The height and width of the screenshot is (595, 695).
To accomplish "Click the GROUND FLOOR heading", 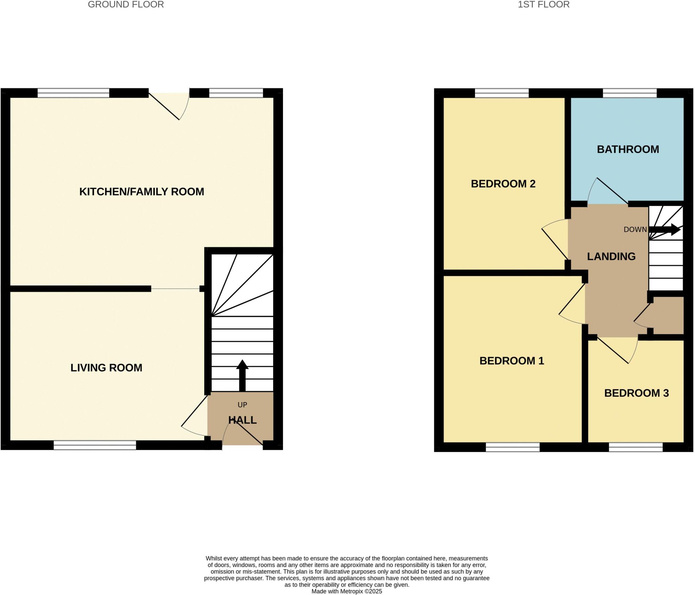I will coord(126,4).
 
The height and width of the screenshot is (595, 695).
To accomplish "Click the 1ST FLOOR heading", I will coord(543,4).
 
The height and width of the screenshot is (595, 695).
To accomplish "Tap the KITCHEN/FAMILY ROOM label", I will coord(142,191).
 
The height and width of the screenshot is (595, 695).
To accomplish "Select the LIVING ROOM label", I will coord(106,368).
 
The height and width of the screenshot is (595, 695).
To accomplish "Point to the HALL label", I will coord(242,420).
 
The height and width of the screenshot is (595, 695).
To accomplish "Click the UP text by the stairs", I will coord(242,405).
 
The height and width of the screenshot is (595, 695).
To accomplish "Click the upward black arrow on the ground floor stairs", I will coord(242,375).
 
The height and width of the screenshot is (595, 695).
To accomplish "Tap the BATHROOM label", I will coord(628,149).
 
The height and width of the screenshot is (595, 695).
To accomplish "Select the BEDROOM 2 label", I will coord(503,184).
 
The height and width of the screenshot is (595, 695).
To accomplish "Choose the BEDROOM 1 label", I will coord(511,360).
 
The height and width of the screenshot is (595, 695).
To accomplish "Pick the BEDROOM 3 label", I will coord(636,393).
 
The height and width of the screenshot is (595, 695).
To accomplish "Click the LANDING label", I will coord(611,256).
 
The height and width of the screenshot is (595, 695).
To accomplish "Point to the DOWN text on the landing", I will coord(635,229).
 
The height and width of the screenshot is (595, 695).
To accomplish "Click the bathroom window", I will coord(630,93).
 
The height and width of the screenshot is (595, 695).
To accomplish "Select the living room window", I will coord(95,445).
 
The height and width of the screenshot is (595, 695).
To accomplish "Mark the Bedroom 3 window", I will coord(636,447).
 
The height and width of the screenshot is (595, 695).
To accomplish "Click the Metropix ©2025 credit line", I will coord(346,591).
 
